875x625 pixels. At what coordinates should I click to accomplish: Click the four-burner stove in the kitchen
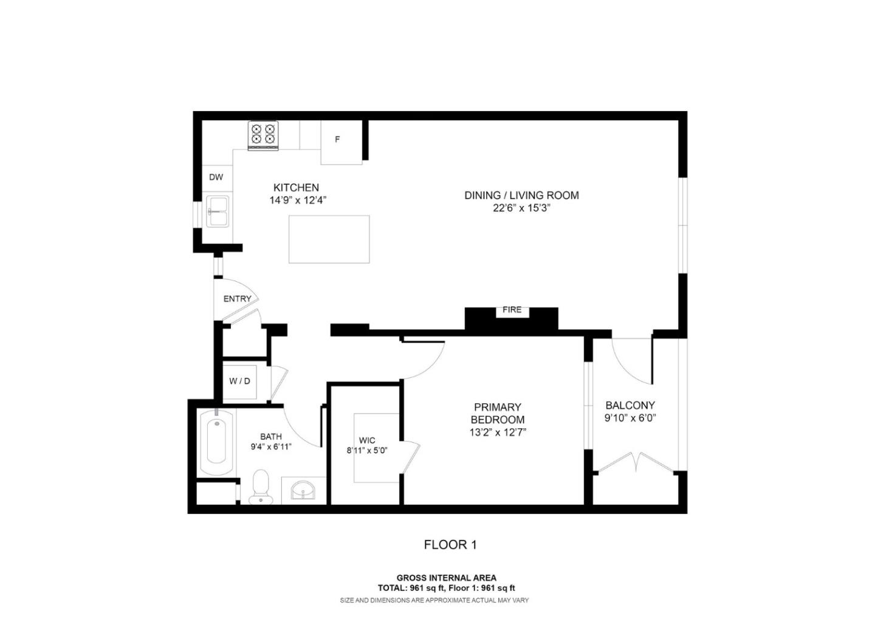[263, 134]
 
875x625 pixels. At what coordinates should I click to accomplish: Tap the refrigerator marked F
[338, 140]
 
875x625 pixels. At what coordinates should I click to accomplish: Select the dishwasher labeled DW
[216, 177]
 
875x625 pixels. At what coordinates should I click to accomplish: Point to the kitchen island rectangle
[329, 239]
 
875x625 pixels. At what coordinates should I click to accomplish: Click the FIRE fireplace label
[512, 310]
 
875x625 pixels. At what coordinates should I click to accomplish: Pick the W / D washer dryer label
[239, 381]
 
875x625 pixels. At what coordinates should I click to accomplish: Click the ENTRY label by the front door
[237, 299]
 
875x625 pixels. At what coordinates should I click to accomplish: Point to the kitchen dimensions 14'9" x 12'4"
[298, 200]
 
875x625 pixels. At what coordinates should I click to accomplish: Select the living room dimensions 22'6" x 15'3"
[521, 208]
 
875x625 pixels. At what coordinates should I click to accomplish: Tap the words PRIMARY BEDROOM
[497, 413]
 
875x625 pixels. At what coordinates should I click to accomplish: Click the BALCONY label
[630, 405]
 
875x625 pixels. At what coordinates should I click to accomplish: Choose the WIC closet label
[367, 440]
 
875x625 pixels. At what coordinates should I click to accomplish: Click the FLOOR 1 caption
[450, 545]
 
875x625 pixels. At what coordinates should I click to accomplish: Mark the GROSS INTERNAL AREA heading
[446, 578]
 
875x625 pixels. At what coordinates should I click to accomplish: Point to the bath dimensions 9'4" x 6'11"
[271, 447]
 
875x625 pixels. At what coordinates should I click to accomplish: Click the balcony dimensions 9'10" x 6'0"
[630, 418]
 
